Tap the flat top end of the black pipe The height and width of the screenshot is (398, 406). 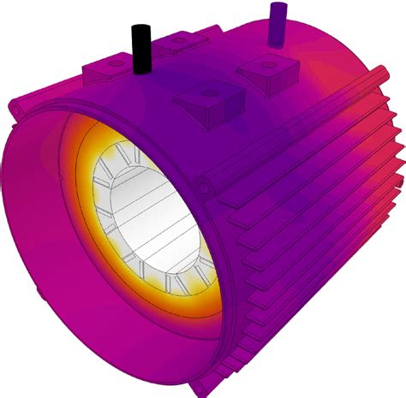140,28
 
